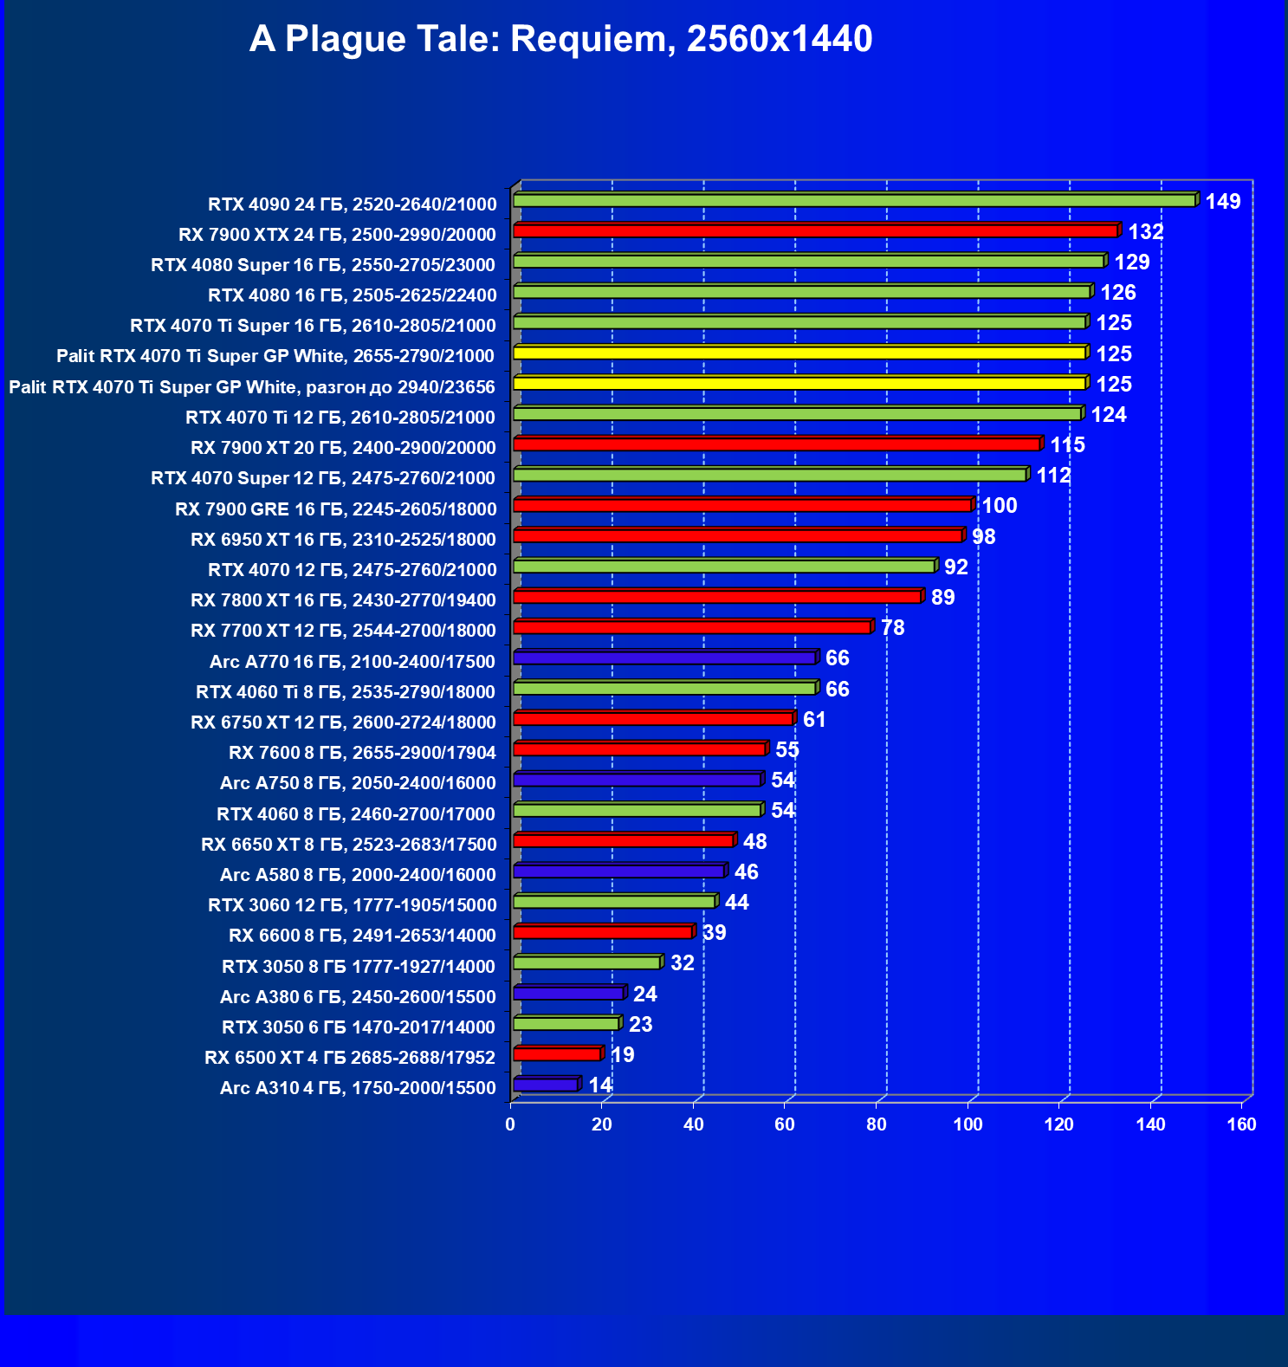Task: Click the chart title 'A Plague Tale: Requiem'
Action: click(x=560, y=39)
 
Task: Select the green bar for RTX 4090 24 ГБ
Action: click(x=853, y=201)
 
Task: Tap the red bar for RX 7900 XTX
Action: click(x=814, y=231)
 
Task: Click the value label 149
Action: click(x=1222, y=202)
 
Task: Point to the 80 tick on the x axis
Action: click(x=876, y=1124)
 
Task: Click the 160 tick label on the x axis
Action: click(x=1241, y=1124)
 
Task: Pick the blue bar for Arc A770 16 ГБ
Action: click(x=663, y=658)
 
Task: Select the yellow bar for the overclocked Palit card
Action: click(x=799, y=383)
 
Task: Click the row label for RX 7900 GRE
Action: click(x=336, y=509)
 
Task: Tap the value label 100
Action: click(x=999, y=506)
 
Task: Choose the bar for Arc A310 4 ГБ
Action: click(x=545, y=1085)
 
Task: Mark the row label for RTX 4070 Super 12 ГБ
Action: click(x=323, y=478)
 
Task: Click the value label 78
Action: click(x=892, y=628)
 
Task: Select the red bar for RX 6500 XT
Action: click(x=556, y=1054)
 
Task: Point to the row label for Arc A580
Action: click(x=358, y=875)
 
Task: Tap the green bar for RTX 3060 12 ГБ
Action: click(x=613, y=902)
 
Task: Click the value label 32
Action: click(x=682, y=963)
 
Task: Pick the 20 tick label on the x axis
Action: click(x=601, y=1124)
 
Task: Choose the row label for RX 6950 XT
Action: click(x=343, y=540)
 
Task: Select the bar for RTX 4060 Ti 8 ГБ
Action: click(x=663, y=689)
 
